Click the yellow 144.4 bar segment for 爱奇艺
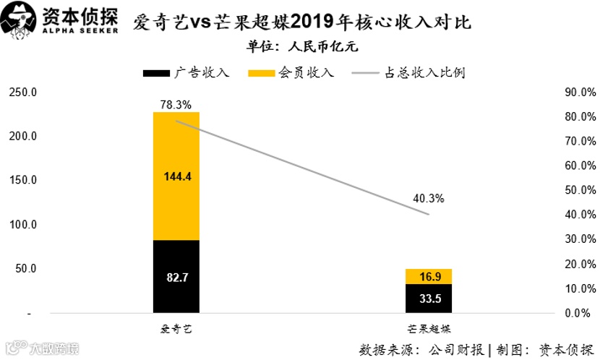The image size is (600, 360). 176,176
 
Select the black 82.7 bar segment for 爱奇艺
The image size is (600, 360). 176,277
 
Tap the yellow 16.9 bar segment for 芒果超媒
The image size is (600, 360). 428,276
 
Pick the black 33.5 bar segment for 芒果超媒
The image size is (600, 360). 428,299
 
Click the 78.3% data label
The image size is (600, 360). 176,105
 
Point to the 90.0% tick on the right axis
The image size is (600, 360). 579,93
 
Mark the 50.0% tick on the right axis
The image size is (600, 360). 579,190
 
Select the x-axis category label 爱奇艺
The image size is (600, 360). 176,329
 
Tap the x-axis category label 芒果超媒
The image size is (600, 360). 428,329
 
